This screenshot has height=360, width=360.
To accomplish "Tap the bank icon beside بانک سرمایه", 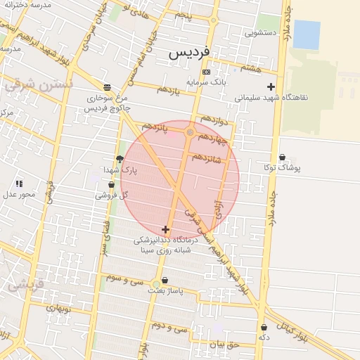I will (205, 72).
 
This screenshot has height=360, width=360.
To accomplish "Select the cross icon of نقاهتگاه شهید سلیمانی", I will (271, 86).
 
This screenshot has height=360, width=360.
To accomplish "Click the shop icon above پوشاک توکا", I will (282, 157).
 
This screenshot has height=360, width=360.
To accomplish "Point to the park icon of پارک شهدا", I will (120, 159).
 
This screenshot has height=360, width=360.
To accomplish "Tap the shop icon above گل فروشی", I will (111, 185).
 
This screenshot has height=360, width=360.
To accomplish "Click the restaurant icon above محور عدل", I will (19, 184).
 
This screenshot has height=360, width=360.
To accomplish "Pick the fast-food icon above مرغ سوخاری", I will (106, 87).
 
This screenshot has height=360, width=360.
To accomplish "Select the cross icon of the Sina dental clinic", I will (165, 229).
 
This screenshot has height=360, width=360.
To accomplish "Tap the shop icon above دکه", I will (264, 328).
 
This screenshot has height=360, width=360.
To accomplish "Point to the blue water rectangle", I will (306, 34).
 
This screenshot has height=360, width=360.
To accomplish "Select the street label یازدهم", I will (163, 90).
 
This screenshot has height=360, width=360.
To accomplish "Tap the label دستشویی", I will (259, 32).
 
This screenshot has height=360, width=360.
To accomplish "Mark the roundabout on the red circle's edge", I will (190, 131).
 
